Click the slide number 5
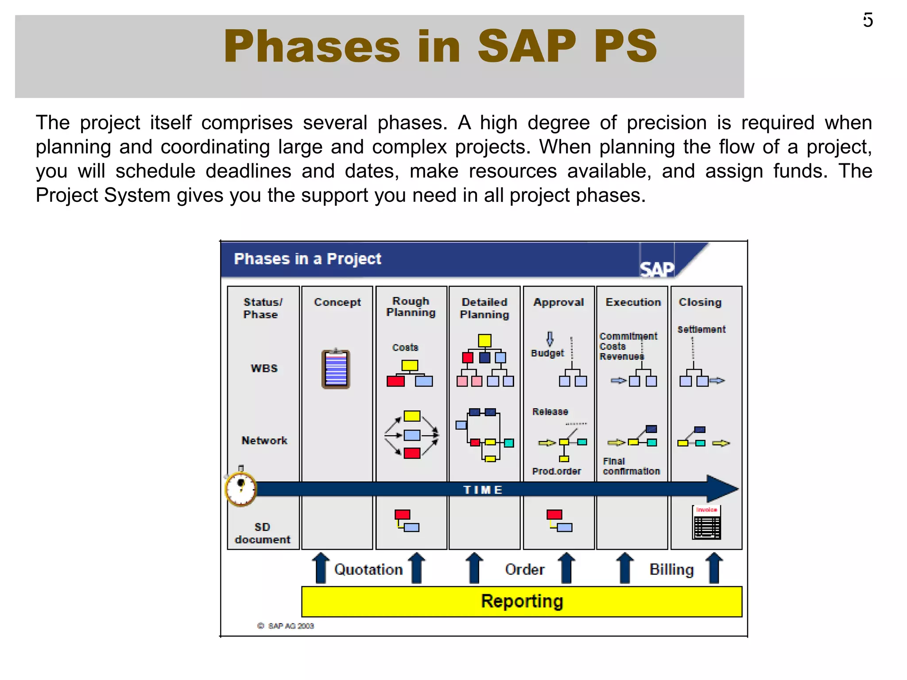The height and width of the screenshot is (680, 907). click(x=868, y=20)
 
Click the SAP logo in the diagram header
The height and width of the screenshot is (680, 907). click(x=657, y=269)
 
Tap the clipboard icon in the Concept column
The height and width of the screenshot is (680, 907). click(x=336, y=369)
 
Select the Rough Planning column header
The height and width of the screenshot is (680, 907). click(x=411, y=306)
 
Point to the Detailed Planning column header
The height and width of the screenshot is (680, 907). click(x=485, y=308)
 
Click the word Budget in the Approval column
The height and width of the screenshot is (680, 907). click(x=547, y=353)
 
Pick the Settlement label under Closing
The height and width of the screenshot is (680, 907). click(x=702, y=329)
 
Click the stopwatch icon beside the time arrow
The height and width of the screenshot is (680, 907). click(x=240, y=489)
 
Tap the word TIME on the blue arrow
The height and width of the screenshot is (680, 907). click(x=483, y=490)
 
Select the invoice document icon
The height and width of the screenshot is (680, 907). click(x=706, y=523)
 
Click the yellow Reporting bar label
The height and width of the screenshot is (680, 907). click(x=522, y=601)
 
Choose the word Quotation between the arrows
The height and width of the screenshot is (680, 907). click(x=368, y=569)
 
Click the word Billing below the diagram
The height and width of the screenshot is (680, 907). click(x=671, y=569)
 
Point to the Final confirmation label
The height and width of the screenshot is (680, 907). click(x=631, y=466)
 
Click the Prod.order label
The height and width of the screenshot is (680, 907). click(x=556, y=471)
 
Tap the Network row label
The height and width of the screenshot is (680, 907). click(x=264, y=440)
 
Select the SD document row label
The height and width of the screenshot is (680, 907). click(x=263, y=533)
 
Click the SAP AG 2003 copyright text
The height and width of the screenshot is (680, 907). click(x=286, y=626)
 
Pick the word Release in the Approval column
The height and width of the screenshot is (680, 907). click(x=550, y=412)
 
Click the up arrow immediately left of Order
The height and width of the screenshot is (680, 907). click(x=474, y=568)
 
